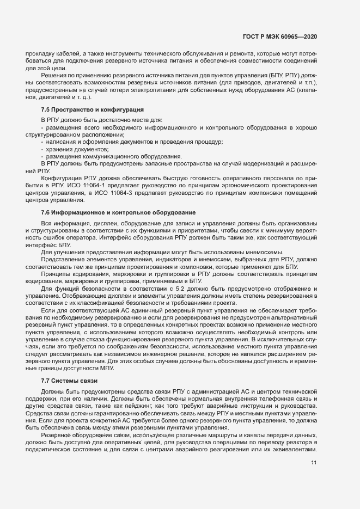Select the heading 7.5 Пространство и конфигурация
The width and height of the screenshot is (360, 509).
point(84,109)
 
